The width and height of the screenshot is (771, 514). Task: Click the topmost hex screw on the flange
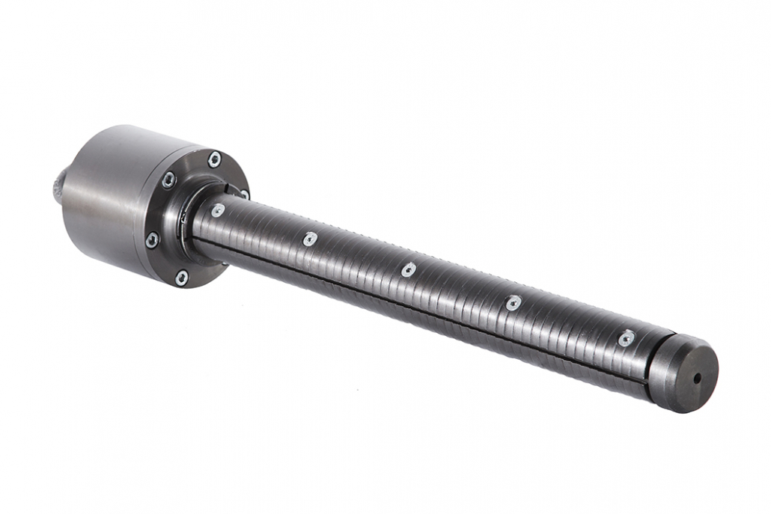click(215, 159)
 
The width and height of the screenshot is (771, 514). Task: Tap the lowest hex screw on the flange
click(181, 278)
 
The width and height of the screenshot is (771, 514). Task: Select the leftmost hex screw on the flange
click(152, 240)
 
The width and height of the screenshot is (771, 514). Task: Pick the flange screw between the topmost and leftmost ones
click(169, 180)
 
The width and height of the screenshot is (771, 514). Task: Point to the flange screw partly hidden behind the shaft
click(243, 195)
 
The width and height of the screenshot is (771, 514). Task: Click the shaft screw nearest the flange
click(218, 210)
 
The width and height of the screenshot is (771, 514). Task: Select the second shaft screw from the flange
click(310, 239)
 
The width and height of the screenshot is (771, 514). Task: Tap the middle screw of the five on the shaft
click(409, 269)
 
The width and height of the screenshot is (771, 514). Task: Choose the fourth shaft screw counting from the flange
click(514, 303)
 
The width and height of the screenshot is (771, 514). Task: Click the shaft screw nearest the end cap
click(627, 338)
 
